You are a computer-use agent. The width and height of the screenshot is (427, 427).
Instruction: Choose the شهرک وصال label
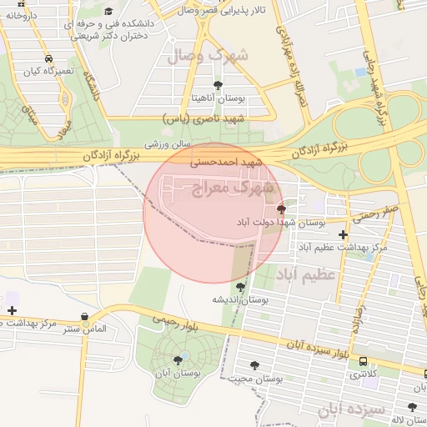[x=208, y=57]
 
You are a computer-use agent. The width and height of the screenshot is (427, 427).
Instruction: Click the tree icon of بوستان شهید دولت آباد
[x=280, y=208]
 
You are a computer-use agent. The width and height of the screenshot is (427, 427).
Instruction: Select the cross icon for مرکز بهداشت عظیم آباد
[x=343, y=235]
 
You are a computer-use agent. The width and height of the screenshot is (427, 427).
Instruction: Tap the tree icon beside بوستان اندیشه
[x=241, y=287]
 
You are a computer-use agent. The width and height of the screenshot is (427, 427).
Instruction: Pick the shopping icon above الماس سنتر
[x=86, y=316]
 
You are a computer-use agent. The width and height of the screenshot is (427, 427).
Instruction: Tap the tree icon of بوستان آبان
[x=178, y=360]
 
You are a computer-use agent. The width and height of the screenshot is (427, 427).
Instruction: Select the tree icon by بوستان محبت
[x=255, y=365]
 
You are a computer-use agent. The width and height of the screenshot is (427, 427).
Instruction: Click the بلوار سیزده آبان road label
[x=316, y=349]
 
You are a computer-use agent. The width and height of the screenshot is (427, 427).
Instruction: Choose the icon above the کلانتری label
[x=363, y=361]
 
